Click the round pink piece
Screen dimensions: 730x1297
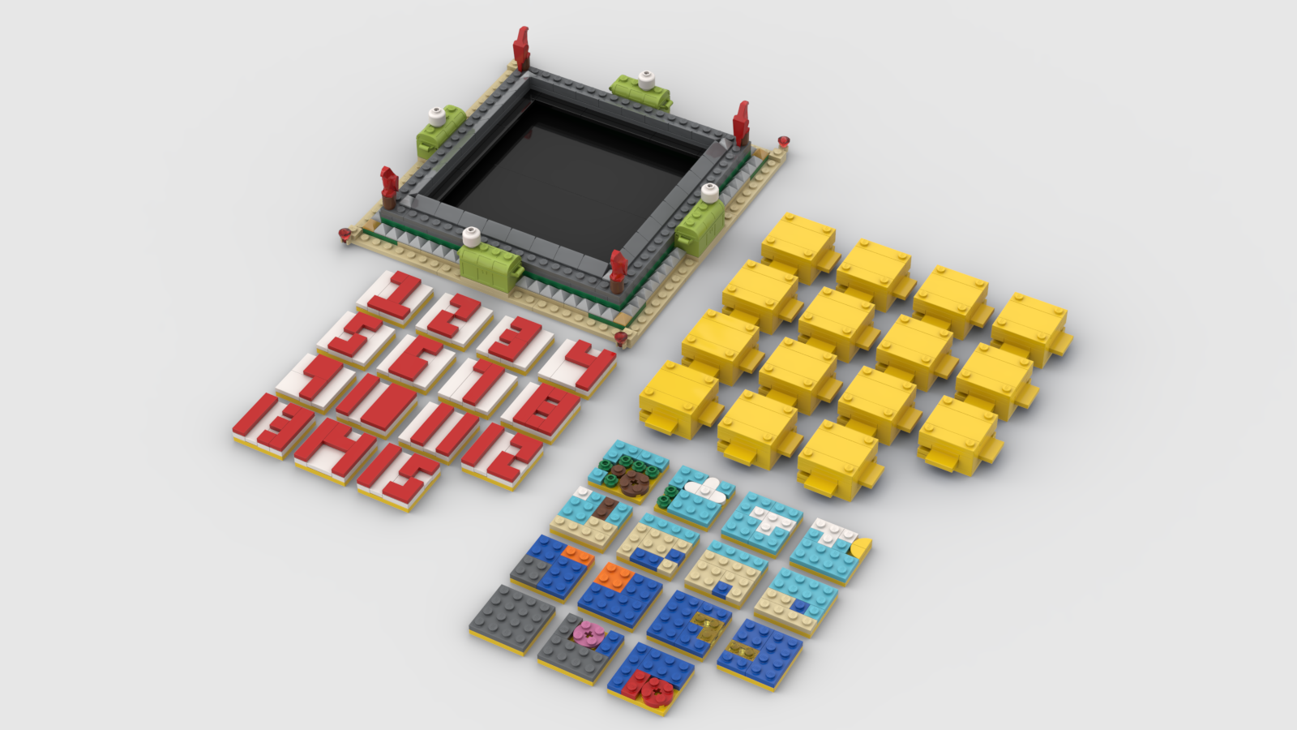(584, 633)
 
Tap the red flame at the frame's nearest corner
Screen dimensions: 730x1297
(619, 268)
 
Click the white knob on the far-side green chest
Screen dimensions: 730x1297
(646, 79)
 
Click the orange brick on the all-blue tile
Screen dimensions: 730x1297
(614, 577)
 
